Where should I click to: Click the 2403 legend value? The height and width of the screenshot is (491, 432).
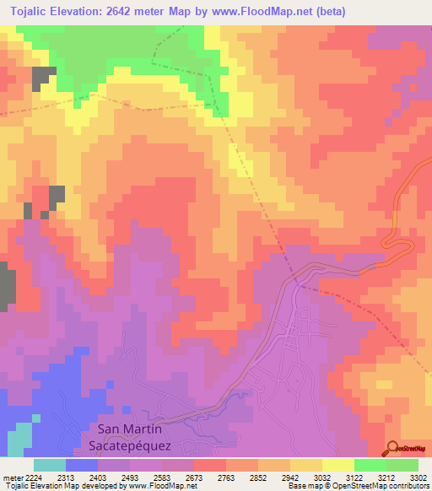[x=99, y=477]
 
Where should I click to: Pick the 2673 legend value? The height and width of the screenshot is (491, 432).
[x=194, y=477]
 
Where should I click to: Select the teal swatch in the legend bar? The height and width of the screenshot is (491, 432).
[x=50, y=465]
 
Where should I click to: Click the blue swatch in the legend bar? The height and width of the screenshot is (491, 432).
[x=82, y=465]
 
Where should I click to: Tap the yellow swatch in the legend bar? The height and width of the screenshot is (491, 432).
[x=337, y=465]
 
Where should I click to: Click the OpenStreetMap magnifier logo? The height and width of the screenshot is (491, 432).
[x=392, y=447]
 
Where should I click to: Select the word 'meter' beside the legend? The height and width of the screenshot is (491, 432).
[x=11, y=477]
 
